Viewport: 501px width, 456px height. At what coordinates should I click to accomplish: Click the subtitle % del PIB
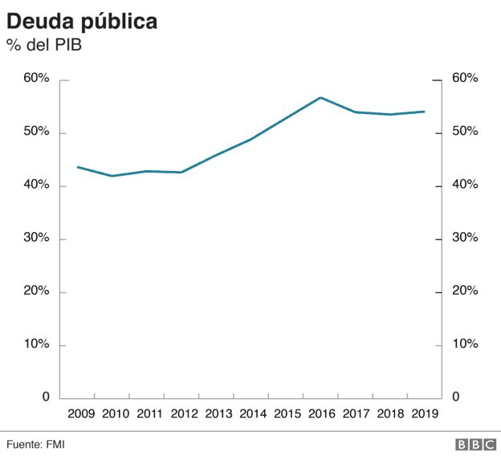(45, 46)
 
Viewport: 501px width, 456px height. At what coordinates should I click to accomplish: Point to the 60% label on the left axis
(36, 79)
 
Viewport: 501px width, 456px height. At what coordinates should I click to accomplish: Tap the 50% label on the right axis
(465, 132)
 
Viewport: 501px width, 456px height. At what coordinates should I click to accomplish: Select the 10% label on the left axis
(36, 344)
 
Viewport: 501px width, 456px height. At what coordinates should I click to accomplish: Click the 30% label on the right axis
(465, 238)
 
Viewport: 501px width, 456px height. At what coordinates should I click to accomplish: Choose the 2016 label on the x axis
(320, 414)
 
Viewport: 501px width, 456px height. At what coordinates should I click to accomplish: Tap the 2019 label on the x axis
(424, 414)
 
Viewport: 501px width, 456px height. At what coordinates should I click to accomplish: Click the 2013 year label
(218, 414)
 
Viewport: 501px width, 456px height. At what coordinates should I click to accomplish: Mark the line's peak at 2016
(320, 98)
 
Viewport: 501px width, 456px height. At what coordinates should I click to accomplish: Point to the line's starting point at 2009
(77, 167)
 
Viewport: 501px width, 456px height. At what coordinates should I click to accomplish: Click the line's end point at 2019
(424, 112)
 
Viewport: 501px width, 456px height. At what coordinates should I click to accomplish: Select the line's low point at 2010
(112, 176)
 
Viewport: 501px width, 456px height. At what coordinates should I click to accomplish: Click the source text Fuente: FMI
(36, 443)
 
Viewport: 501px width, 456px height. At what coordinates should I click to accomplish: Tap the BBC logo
(475, 443)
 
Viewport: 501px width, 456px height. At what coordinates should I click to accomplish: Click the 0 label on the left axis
(45, 397)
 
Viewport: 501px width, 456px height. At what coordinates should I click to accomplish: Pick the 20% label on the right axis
(465, 291)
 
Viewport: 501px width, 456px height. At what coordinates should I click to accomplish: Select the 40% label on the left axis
(36, 185)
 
